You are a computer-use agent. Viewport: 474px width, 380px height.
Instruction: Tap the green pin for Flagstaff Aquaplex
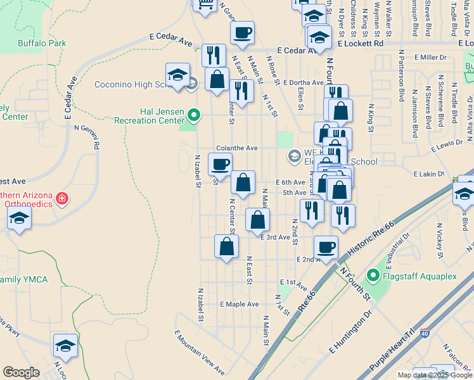pyautogui.click(x=373, y=275)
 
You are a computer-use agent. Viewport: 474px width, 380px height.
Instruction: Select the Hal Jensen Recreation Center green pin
pyautogui.click(x=195, y=116)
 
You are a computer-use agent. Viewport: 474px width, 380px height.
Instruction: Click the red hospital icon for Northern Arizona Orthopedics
pyautogui.click(x=62, y=199)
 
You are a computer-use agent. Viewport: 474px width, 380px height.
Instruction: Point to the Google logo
pyautogui.click(x=21, y=372)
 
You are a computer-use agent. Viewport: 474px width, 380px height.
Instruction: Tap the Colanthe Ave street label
pyautogui.click(x=236, y=148)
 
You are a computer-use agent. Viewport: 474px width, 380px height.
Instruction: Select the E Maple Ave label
pyautogui.click(x=240, y=305)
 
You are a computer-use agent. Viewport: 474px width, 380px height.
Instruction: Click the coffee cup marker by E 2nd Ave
pyautogui.click(x=326, y=247)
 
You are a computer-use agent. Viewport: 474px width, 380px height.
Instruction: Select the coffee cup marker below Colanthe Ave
pyautogui.click(x=220, y=165)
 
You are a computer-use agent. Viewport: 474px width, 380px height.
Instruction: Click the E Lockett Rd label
pyautogui.click(x=360, y=44)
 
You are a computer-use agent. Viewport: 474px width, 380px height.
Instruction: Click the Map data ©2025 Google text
pyautogui.click(x=433, y=375)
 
